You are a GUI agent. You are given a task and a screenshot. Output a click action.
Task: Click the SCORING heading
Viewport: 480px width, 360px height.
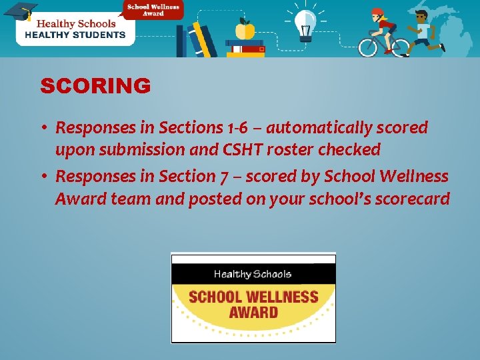[x=95, y=86]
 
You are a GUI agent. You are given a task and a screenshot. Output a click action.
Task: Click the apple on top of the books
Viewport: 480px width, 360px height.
[x=245, y=29]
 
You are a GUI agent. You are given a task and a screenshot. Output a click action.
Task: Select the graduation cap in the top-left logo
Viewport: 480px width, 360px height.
[x=20, y=11]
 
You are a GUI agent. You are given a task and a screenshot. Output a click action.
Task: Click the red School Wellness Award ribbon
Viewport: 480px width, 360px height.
[x=153, y=9]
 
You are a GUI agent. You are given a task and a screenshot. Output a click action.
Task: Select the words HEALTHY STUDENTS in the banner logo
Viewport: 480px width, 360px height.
[x=75, y=35]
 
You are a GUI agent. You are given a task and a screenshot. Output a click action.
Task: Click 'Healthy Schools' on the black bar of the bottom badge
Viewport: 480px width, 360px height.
[x=252, y=274]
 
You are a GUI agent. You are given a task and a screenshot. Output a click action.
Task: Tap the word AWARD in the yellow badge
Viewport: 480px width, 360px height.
[x=253, y=312]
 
